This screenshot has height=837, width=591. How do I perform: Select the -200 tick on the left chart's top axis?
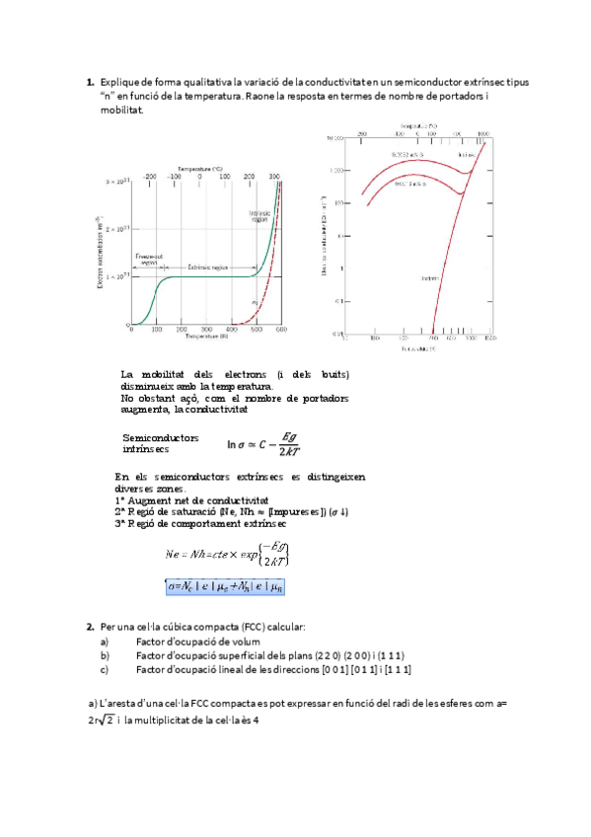(x=150, y=176)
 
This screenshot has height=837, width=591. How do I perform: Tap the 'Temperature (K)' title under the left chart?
(x=206, y=339)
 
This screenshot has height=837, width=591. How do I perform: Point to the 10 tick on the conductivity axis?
(x=339, y=236)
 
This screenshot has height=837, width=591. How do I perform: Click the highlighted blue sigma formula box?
(x=230, y=586)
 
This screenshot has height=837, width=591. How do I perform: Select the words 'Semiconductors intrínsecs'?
(x=160, y=443)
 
